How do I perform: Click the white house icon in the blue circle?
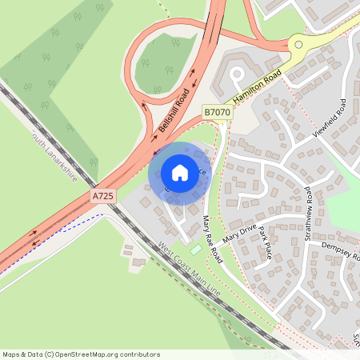click(x=180, y=172)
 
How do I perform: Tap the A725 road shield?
click(x=102, y=195)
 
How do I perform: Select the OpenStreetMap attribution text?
click(x=81, y=354)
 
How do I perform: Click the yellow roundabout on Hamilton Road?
click(x=298, y=46)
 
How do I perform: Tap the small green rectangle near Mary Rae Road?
click(x=196, y=249)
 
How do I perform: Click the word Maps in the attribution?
click(x=11, y=354)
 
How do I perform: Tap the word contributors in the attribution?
click(x=138, y=354)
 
